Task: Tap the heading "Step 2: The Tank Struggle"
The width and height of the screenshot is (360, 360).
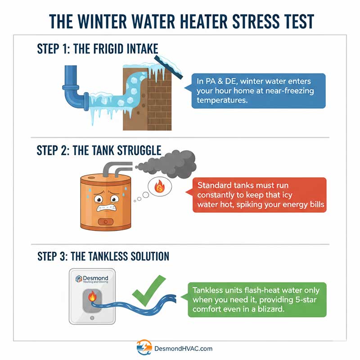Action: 99,150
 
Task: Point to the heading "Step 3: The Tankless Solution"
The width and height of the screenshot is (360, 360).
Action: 103,256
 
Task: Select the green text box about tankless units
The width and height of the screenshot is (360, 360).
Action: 256,300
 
